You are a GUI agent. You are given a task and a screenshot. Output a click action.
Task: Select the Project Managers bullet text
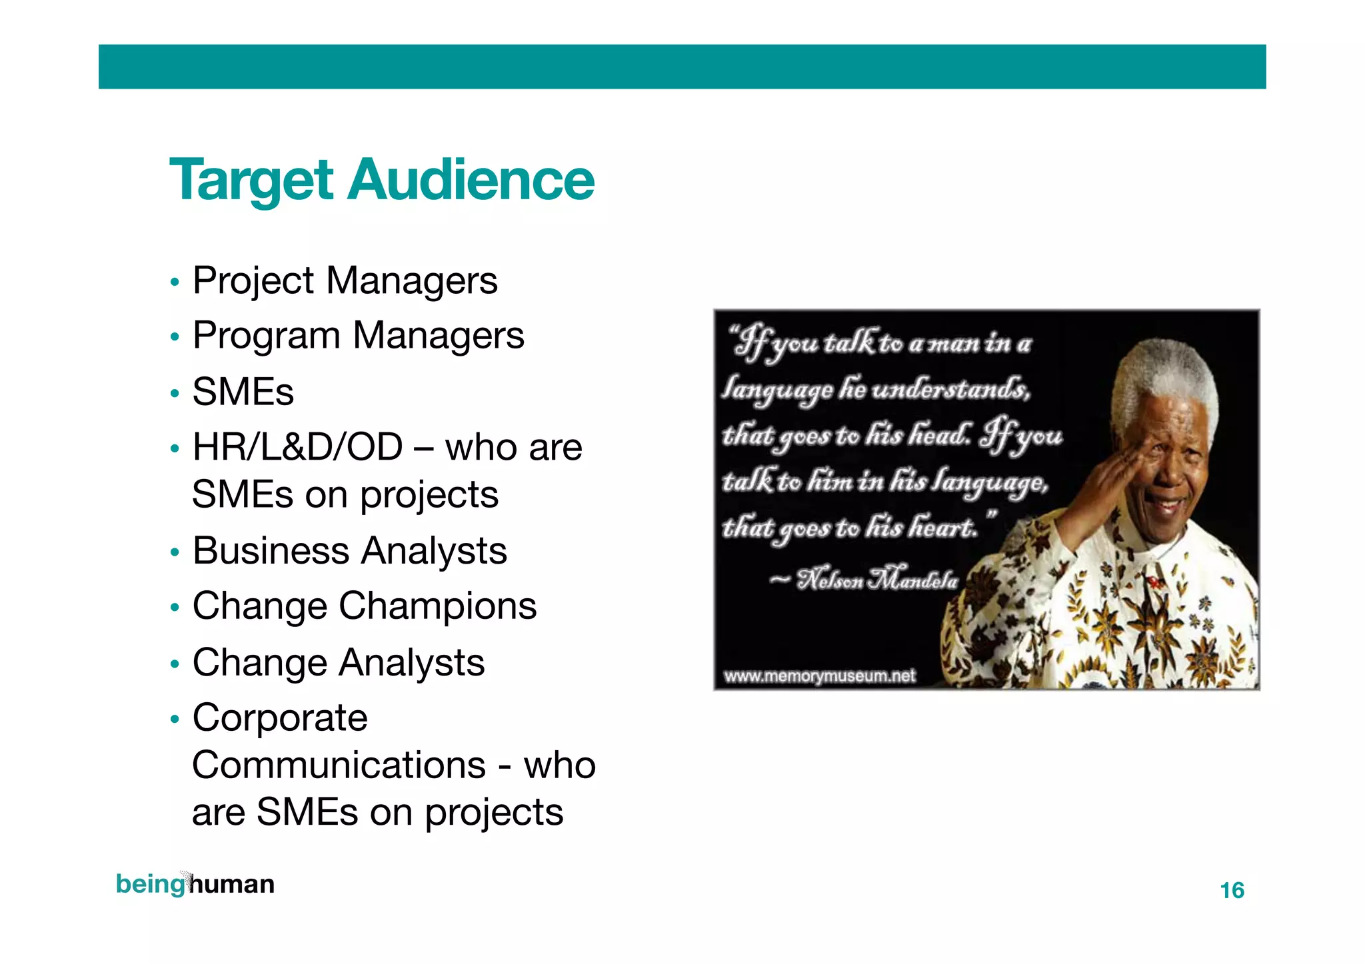[345, 280]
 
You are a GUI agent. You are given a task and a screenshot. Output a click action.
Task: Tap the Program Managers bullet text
[358, 335]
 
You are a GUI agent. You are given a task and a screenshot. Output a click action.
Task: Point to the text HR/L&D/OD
[297, 446]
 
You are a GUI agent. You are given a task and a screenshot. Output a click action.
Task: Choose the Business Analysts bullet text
[349, 551]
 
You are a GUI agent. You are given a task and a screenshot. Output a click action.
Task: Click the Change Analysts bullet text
[338, 662]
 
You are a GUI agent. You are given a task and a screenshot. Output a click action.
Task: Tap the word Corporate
[279, 718]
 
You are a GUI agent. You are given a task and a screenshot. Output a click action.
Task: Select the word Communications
[339, 765]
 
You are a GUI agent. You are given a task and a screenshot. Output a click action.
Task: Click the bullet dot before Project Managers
[175, 282]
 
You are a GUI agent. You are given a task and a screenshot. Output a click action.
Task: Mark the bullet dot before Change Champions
[175, 608]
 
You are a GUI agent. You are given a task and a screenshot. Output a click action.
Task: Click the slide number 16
[1232, 890]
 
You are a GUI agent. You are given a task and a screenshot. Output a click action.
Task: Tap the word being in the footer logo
[150, 884]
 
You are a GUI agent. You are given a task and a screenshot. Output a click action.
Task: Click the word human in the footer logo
[232, 884]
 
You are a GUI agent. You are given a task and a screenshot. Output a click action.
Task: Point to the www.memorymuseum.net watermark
[820, 676]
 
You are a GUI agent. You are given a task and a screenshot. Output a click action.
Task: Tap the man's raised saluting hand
[1106, 480]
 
